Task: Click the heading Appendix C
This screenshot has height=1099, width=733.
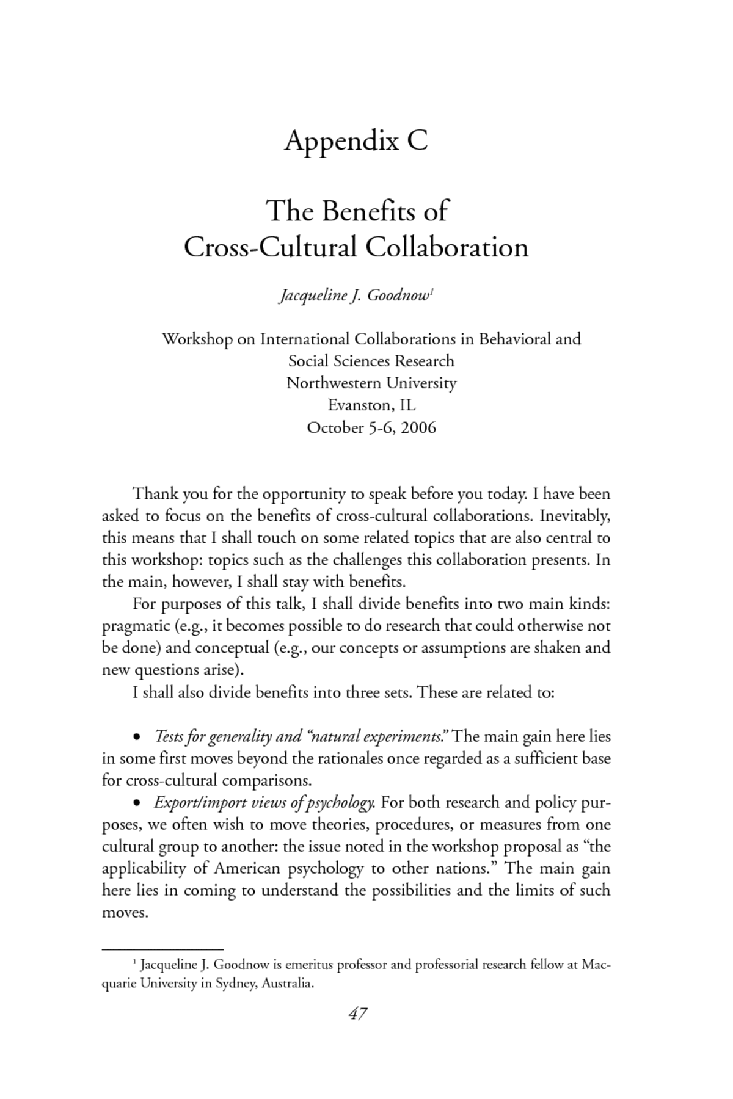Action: coord(356,141)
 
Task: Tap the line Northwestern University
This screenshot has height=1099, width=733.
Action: coord(371,383)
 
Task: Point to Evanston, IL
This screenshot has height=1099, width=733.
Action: coord(371,405)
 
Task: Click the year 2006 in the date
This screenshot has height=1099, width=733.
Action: coord(419,427)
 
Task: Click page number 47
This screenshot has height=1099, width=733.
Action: coord(357,1014)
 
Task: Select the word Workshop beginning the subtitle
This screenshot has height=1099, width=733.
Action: coord(197,339)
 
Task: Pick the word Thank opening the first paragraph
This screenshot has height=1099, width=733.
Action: coord(155,493)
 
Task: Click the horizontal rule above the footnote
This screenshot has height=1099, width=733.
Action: coord(162,949)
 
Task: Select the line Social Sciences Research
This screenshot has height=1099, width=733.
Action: coord(371,361)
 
